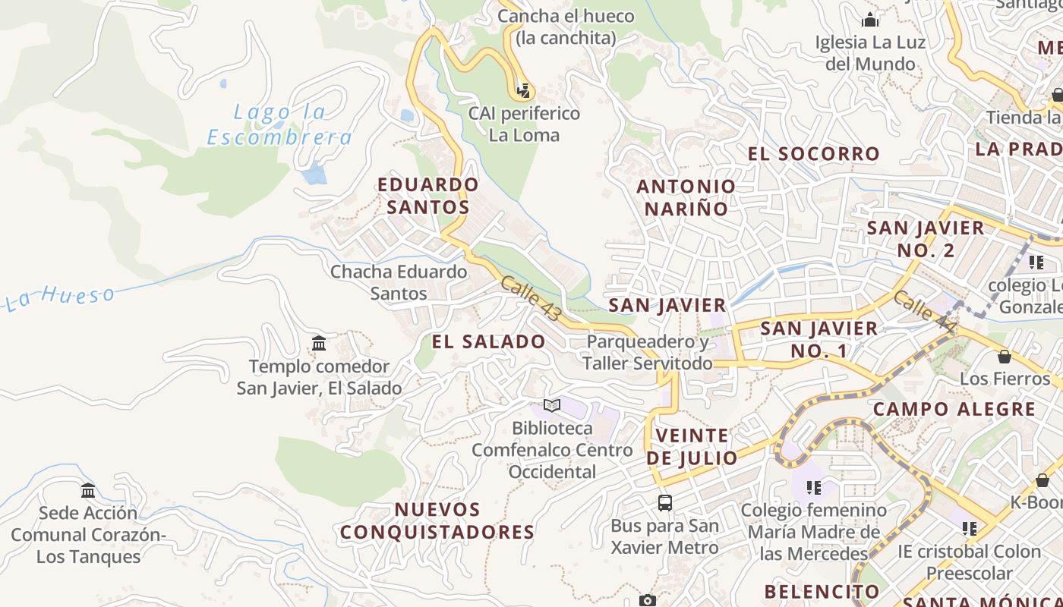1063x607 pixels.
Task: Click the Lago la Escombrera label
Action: [x=279, y=124]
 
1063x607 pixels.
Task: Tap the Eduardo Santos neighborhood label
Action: [x=428, y=196]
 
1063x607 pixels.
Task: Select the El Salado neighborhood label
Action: [x=488, y=341]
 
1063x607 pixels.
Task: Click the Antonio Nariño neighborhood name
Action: [x=686, y=197]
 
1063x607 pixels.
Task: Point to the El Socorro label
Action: [x=813, y=154]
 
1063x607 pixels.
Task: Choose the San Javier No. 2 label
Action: [x=926, y=239]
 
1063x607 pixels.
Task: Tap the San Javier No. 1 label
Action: [x=819, y=339]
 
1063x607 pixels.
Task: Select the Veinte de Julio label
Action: [x=692, y=447]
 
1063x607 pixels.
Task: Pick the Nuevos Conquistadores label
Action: [x=437, y=521]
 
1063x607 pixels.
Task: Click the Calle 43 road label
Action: [x=531, y=298]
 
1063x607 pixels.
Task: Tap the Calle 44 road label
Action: [x=924, y=311]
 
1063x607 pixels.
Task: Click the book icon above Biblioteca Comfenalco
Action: [x=552, y=406]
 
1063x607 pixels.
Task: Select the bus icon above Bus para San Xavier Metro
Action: [x=664, y=502]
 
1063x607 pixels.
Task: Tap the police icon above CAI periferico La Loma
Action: [x=522, y=91]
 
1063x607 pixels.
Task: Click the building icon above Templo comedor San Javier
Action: [x=319, y=344]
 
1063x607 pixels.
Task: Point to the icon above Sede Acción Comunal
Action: [x=88, y=490]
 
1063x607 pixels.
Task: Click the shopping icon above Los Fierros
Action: [x=1005, y=356]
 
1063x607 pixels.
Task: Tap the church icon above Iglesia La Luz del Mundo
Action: [x=870, y=19]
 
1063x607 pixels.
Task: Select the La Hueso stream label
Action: [x=61, y=297]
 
